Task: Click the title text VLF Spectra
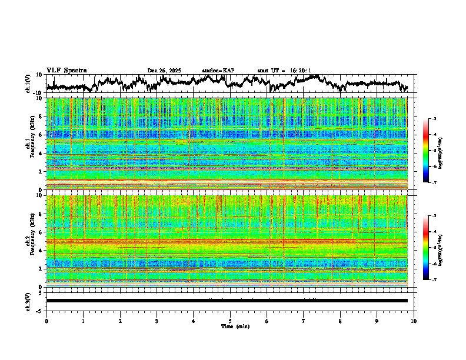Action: click(x=66, y=71)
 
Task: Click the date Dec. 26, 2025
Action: click(x=164, y=71)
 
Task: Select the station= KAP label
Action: click(x=218, y=71)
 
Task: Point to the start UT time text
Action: click(x=284, y=71)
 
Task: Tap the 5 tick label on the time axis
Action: click(x=230, y=321)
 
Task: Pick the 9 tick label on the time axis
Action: click(x=377, y=321)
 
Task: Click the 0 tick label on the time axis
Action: click(x=46, y=321)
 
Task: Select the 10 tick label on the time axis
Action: click(x=414, y=321)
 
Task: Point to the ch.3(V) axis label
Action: click(x=28, y=300)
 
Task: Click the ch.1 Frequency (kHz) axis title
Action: click(x=29, y=141)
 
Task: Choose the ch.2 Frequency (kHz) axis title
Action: click(x=29, y=240)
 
